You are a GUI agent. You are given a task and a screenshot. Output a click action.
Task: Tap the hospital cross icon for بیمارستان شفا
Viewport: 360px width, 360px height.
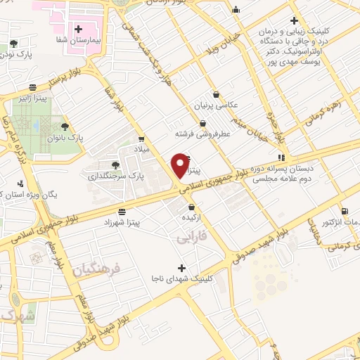pyautogui.click(x=78, y=30)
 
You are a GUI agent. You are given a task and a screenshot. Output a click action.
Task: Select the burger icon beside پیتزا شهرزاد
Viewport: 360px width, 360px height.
pyautogui.click(x=122, y=211)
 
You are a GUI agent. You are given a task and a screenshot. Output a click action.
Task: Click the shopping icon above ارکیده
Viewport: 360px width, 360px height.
pyautogui.click(x=193, y=207)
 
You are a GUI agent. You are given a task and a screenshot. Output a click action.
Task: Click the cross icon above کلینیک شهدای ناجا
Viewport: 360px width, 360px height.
pyautogui.click(x=182, y=267)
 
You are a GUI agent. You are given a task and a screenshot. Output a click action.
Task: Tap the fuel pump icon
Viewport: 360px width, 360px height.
pyautogui.click(x=344, y=211)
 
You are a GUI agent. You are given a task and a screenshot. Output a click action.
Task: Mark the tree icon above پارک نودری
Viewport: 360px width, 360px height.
pyautogui.click(x=13, y=44)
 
